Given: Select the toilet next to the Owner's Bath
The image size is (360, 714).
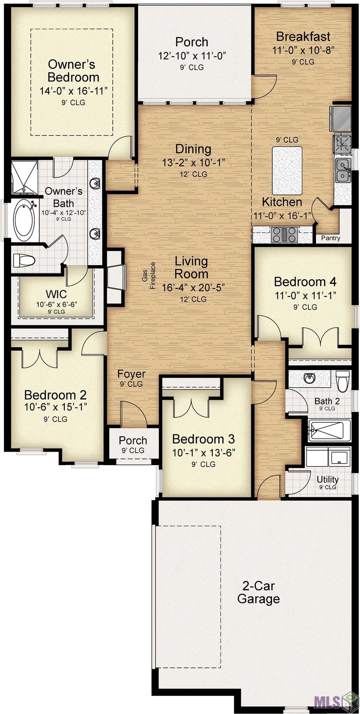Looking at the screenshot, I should point(23,260).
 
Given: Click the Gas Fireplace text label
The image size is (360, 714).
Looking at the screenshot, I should point(148,276).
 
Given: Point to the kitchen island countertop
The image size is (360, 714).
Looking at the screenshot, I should point(287,170).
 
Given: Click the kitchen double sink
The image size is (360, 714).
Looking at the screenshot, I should point(343,170).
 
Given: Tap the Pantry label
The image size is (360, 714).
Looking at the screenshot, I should point(330,238).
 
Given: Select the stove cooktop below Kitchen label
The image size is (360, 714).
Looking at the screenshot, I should point(284,234).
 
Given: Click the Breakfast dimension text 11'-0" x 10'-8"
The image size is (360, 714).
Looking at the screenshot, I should point(303,50).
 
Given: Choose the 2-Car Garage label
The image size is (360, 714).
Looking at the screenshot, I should point(258,592).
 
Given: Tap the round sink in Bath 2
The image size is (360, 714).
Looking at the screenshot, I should point(309,378).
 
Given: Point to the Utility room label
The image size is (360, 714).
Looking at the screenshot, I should point(328,479).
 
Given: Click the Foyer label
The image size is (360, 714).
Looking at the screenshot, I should point(131,374).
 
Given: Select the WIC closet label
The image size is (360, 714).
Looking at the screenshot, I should point(56,294).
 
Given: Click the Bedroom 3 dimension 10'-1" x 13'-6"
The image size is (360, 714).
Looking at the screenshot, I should point(203,453).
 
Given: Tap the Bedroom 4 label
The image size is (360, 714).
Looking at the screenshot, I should point(305,282).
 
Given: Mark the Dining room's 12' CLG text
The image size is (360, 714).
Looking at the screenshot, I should point(193,174).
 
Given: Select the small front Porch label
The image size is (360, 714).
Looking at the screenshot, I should point(133,440).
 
